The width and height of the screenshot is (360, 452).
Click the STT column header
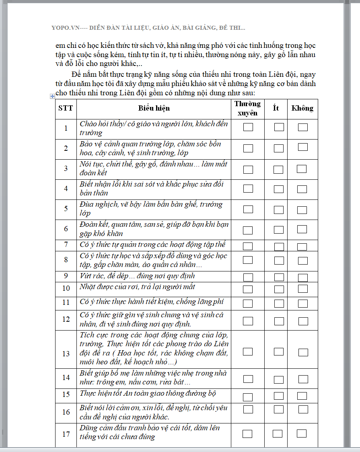[66, 108]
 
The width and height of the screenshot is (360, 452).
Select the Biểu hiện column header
[154, 108]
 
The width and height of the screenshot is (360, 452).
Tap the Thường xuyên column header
[247, 108]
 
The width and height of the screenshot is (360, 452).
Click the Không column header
[302, 108]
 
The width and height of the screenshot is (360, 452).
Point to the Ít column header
[276, 108]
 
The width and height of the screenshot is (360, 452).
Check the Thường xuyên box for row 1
[248, 127]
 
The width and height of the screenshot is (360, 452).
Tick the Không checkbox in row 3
[302, 169]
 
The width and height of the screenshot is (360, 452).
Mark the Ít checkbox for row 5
[279, 210]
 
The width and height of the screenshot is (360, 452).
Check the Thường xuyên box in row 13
[248, 351]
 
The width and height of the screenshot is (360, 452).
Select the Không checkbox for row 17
[301, 434]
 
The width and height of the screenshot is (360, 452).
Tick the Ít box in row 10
[279, 289]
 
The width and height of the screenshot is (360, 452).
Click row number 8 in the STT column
[66, 260]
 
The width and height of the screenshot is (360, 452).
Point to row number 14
[66, 378]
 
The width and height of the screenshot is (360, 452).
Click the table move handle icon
[52, 96]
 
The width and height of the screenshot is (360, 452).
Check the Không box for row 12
[303, 321]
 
